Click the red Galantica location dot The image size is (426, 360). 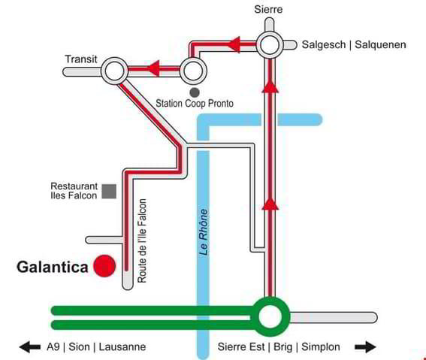coord(104,266)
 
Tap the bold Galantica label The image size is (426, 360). coord(53,267)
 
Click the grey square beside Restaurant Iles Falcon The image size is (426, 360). coord(109,192)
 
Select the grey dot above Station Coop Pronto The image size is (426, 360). coord(195,92)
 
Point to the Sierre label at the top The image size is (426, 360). coord(268,10)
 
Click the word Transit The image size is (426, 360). coord(81,59)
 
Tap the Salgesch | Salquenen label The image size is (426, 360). coord(354,44)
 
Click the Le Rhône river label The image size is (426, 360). coord(204,232)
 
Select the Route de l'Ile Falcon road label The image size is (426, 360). coord(142,241)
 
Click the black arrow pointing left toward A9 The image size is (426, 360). coord(30,347)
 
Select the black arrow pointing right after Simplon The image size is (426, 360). coord(365,347)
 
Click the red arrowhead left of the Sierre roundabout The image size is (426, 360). coord(234,44)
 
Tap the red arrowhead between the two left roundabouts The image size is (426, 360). coord(153,68)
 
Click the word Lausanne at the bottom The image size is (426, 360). coord(122,347)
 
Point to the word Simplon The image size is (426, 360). coord(321,347)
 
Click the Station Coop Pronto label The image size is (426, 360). coord(195,104)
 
